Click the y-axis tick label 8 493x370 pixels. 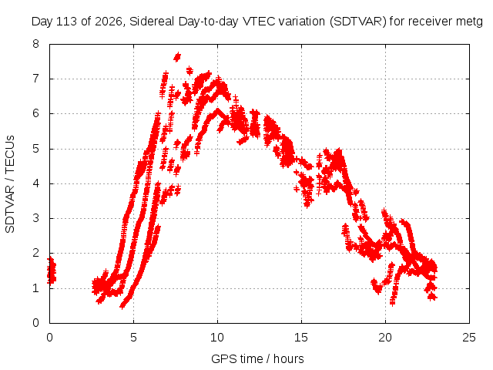tap(35, 43)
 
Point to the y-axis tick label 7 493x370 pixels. tap(35, 79)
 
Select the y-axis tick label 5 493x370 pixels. tap(35, 149)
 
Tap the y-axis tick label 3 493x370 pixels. tap(35, 218)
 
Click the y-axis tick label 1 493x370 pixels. tap(35, 288)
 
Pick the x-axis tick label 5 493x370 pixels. tap(133, 338)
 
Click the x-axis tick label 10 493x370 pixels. tap(217, 338)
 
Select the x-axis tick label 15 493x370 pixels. tap(301, 338)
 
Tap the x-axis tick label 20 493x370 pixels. tap(385, 338)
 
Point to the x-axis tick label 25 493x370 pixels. tap(469, 338)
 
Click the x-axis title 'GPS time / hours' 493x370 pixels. tap(257, 359)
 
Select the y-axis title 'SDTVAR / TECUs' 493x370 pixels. tap(10, 184)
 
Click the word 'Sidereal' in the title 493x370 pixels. tap(153, 22)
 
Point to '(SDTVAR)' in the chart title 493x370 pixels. tap(358, 22)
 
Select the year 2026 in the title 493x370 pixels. tap(108, 22)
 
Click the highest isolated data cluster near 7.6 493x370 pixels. tap(177, 57)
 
